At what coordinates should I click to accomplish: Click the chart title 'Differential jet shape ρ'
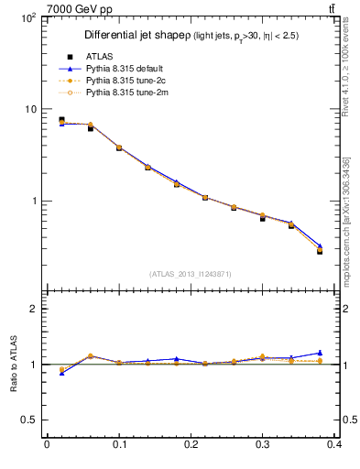pos(137,35)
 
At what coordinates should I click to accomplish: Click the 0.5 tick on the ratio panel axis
pos(29,420)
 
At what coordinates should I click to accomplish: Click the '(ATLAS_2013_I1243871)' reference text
pos(191,273)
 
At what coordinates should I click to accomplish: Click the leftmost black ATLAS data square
pos(61,120)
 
